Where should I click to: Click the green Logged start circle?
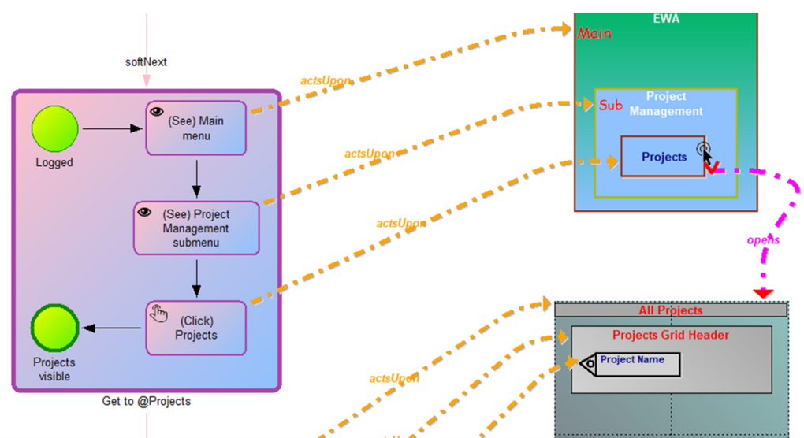click(x=54, y=129)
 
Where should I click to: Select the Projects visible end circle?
click(x=54, y=328)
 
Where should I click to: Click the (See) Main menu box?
click(x=195, y=128)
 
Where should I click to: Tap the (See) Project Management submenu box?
click(x=195, y=228)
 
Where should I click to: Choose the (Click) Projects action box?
click(x=195, y=328)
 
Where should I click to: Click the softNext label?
click(x=146, y=61)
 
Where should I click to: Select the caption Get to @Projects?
click(x=147, y=401)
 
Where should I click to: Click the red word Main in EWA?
click(x=594, y=33)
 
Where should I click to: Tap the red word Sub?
click(x=610, y=105)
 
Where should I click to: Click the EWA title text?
click(x=666, y=18)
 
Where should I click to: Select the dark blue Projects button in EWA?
click(x=663, y=157)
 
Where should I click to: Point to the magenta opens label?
click(x=762, y=239)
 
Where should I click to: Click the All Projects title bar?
click(x=670, y=310)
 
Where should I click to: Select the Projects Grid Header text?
click(x=670, y=335)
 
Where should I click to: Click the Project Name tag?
click(x=631, y=363)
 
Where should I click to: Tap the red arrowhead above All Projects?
click(x=762, y=294)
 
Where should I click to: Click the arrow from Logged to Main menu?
click(x=111, y=128)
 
